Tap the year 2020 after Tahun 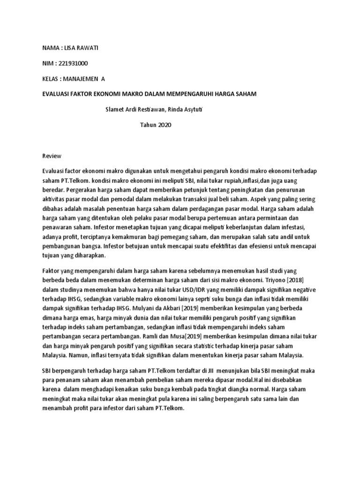(165, 125)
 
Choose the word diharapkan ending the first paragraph (92, 255)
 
